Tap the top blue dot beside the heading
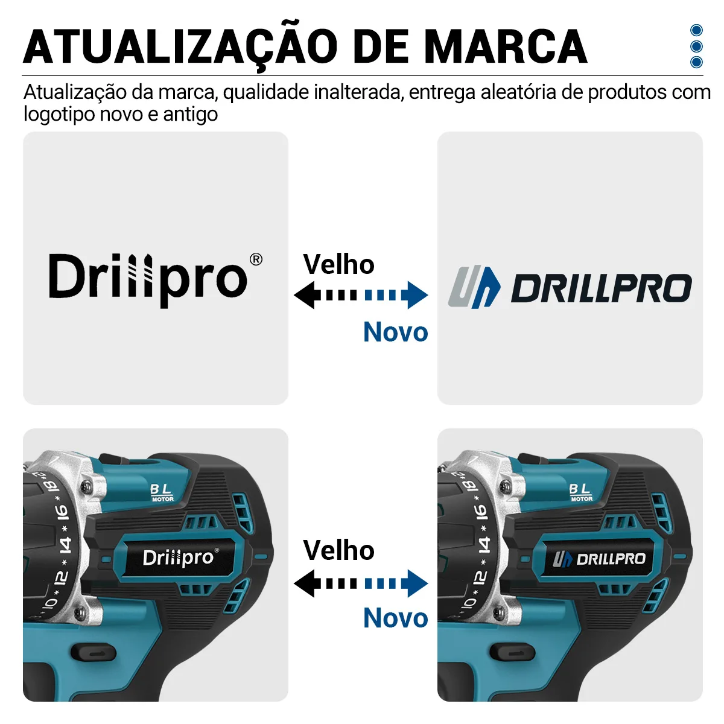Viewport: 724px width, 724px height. pos(696,30)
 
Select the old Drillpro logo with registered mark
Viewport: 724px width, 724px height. pos(156,280)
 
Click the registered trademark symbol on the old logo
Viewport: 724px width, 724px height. pos(256,259)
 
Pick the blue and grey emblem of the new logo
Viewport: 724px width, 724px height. pos(474,287)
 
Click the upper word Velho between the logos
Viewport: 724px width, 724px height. pos(339,264)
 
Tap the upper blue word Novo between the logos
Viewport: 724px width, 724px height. pos(396,332)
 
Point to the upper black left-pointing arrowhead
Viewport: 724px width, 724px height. pos(307,295)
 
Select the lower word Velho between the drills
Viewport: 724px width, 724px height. pos(339,550)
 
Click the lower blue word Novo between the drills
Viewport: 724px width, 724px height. pos(396,618)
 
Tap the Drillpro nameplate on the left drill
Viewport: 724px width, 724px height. pos(180,557)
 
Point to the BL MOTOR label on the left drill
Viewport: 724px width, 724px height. pos(162,492)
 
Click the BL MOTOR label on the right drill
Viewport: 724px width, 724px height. pos(581,492)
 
